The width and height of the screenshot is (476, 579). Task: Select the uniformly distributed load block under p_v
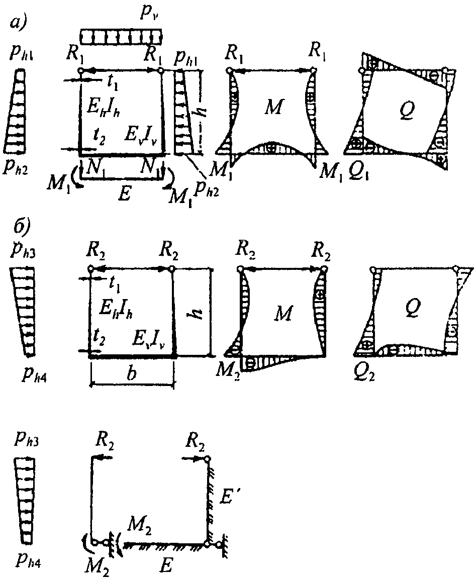tap(121, 36)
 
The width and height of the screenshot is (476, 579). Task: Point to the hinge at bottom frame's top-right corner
tap(207, 458)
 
